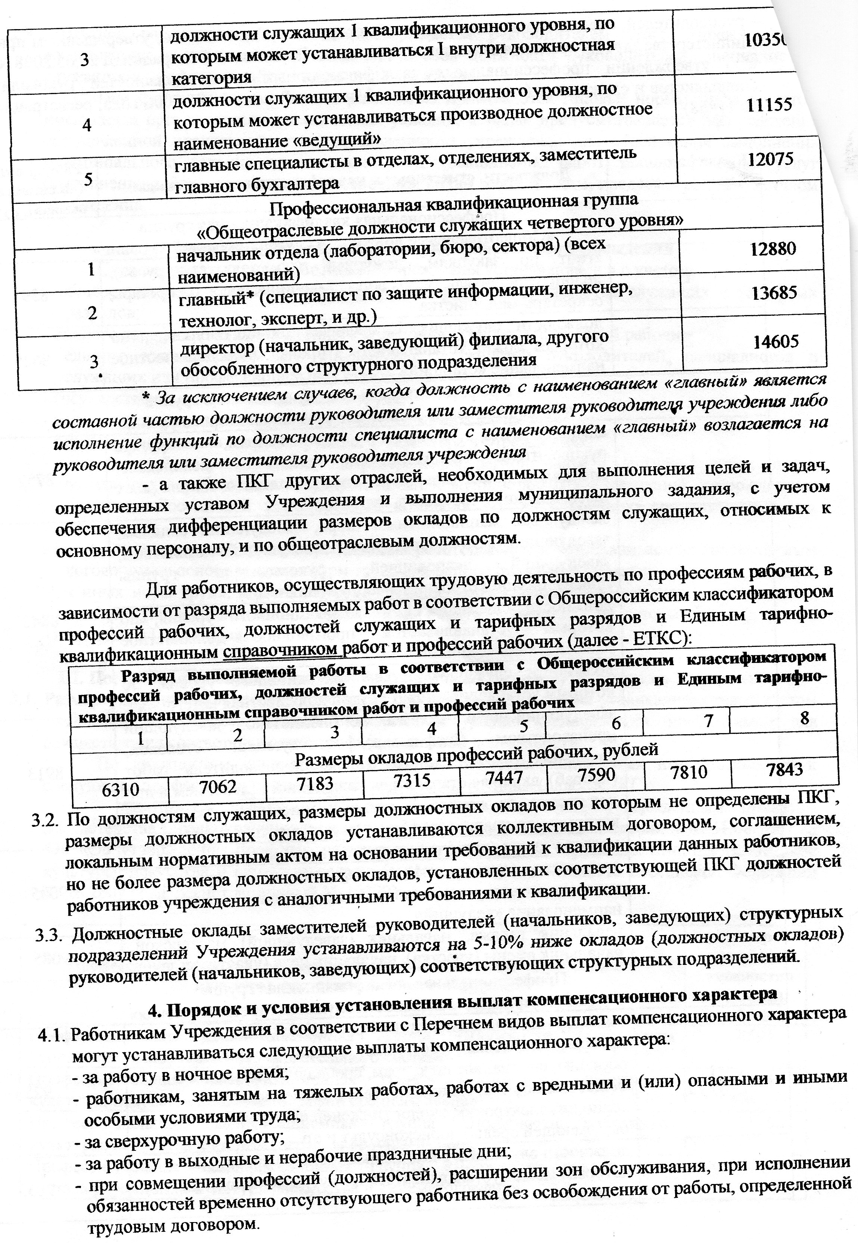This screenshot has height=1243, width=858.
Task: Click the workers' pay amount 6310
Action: pos(121,789)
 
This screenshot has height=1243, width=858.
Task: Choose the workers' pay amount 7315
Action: pos(412,780)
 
